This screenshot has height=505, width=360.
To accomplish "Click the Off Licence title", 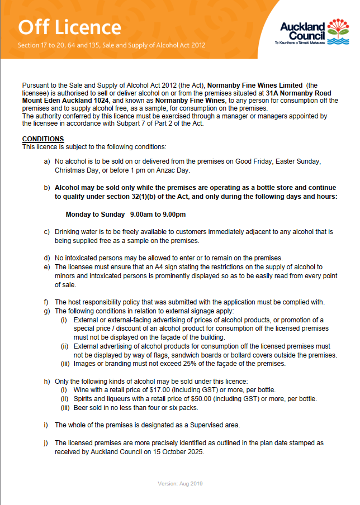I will click(x=70, y=27).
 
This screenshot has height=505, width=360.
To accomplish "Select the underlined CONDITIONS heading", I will click(x=43, y=139).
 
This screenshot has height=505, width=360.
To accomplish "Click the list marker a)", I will click(x=47, y=161).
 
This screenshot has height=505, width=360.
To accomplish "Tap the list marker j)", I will click(x=47, y=443).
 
